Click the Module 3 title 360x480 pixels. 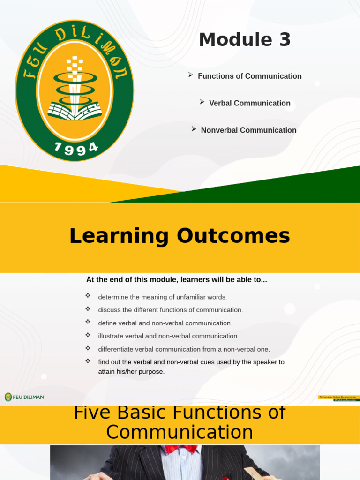tap(245, 40)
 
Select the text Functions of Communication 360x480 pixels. tap(249, 76)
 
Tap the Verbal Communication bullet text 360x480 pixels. tap(249, 103)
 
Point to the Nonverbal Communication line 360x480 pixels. tap(248, 130)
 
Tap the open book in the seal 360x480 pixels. tap(74, 111)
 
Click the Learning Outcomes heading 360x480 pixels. tap(180, 236)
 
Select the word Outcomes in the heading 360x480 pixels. tap(233, 236)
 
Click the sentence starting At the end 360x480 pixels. tap(176, 280)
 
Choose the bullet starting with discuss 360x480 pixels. tap(170, 310)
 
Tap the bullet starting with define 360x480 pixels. tap(165, 323)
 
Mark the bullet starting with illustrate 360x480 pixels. tap(168, 336)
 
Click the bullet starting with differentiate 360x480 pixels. tap(184, 349)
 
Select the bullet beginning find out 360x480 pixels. tap(191, 367)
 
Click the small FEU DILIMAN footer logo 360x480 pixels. tap(24, 397)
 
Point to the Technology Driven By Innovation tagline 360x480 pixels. tap(338, 397)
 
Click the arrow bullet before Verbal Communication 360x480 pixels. tap(202, 102)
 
